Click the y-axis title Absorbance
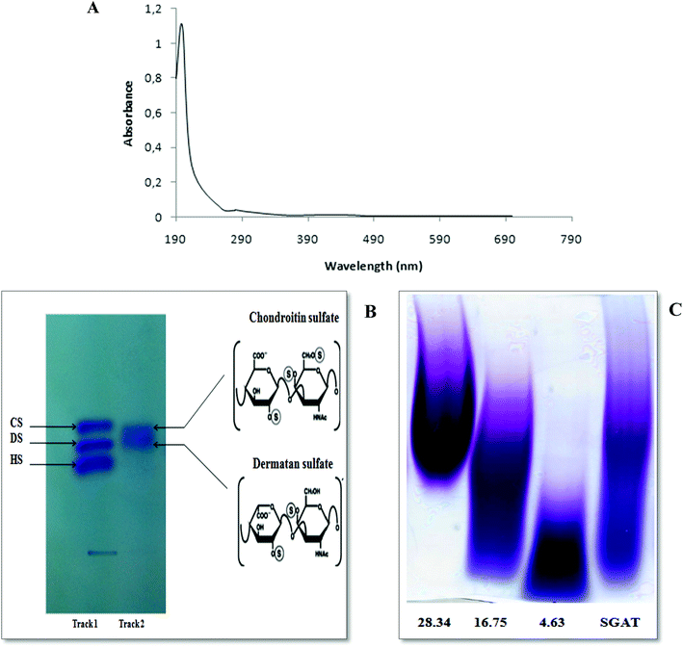129,115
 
